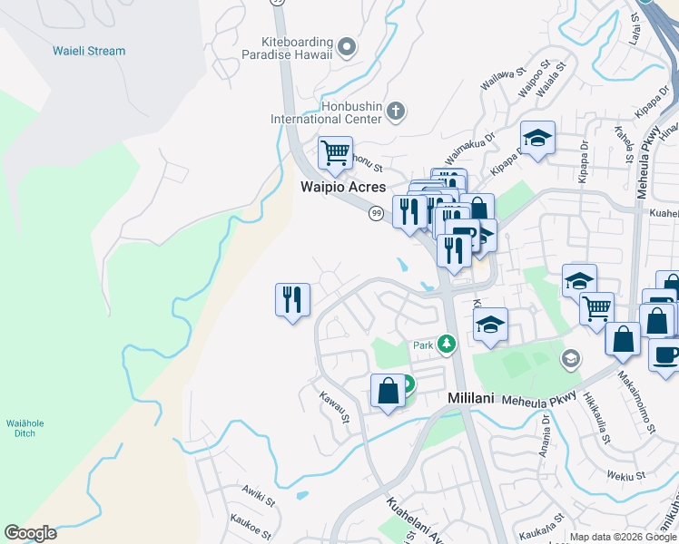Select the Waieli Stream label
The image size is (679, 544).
(x=89, y=51)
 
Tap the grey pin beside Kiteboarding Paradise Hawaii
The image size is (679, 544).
(x=346, y=45)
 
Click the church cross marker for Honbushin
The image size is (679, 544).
(x=395, y=112)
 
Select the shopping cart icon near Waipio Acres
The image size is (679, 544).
(x=335, y=152)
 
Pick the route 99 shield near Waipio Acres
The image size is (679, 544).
(x=375, y=213)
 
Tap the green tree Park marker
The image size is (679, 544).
(x=446, y=344)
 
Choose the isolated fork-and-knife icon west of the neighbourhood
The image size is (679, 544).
(x=292, y=299)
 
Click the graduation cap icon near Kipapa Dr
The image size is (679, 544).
(x=537, y=138)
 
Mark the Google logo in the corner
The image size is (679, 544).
(x=30, y=533)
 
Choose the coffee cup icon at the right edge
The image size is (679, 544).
(x=665, y=355)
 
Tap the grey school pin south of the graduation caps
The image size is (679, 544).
(x=569, y=358)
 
